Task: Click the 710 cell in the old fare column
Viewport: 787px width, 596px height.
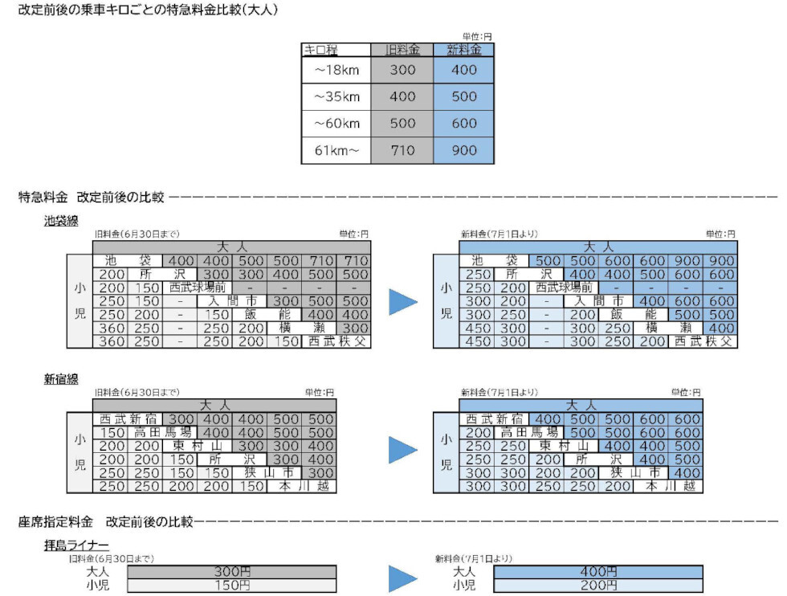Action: (x=402, y=150)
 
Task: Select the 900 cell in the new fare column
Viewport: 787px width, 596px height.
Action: (x=463, y=150)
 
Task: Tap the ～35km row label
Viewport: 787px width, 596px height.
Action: (x=336, y=96)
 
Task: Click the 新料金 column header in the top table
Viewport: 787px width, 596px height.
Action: (x=463, y=50)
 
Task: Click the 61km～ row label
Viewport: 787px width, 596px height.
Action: (x=336, y=150)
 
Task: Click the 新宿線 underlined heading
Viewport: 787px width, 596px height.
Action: (x=61, y=379)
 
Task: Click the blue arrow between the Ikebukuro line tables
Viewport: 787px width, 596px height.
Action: (x=403, y=301)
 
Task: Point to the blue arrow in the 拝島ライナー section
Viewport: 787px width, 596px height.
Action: (x=403, y=578)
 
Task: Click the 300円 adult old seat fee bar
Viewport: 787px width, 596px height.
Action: (x=231, y=572)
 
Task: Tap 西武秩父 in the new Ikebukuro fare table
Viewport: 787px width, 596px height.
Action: (x=704, y=341)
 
